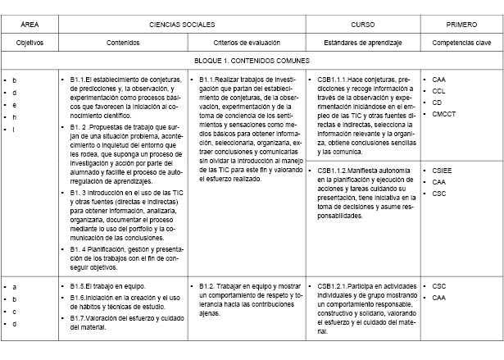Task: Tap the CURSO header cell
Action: [x=362, y=24]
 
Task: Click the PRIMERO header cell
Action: [x=461, y=24]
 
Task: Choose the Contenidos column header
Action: [x=123, y=41]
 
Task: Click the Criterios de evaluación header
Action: [x=246, y=41]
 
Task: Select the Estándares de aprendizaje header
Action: [x=362, y=41]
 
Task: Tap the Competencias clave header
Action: [x=461, y=41]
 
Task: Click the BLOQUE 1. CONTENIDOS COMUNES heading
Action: [x=252, y=61]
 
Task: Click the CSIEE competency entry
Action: [x=443, y=171]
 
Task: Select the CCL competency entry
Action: [x=438, y=90]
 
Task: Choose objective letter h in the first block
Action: [x=14, y=116]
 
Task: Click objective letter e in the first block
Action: [x=14, y=104]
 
